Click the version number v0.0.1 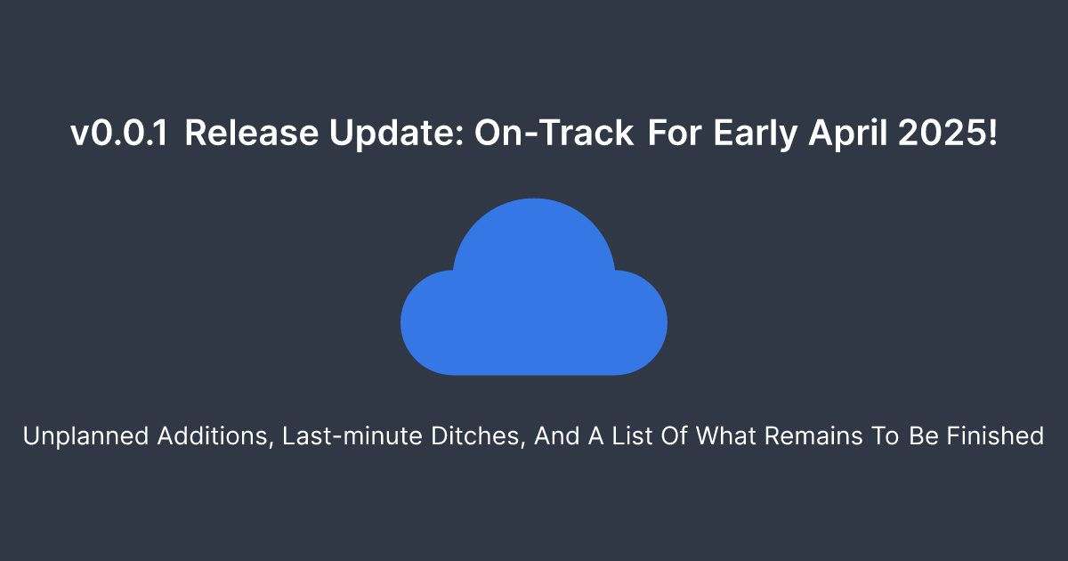pos(119,133)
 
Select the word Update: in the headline pos(396,134)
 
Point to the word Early pos(756,134)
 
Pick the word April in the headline pos(847,134)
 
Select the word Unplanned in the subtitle pos(85,436)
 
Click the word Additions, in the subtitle pos(215,436)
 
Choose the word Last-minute pos(352,435)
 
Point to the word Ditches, pos(478,436)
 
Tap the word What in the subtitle pos(725,435)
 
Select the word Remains pos(813,435)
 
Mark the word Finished pos(996,435)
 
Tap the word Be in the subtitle pos(924,435)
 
